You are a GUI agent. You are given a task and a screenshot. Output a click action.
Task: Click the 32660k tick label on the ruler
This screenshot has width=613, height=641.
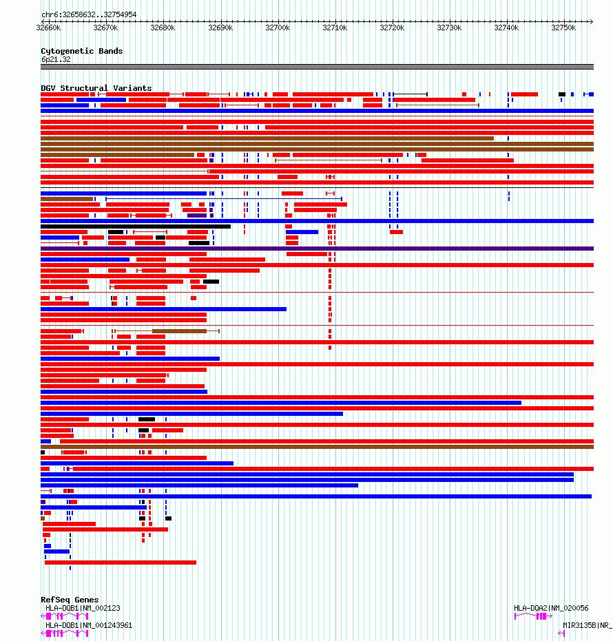click(x=48, y=28)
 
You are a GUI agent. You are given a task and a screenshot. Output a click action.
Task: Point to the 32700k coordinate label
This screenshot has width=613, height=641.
click(x=278, y=28)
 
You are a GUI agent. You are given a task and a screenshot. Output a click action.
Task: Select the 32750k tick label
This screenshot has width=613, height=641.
click(x=564, y=28)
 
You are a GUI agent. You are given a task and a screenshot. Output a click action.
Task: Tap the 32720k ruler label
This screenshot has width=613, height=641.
click(x=392, y=28)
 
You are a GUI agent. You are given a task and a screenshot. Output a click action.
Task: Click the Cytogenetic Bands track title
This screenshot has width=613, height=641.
click(x=81, y=51)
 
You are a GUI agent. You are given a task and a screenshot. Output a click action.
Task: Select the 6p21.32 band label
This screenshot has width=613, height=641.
click(x=55, y=59)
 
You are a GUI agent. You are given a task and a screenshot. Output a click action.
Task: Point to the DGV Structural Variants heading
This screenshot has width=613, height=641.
click(x=96, y=88)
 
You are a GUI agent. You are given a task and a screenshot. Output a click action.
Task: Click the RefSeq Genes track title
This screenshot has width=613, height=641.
click(x=70, y=600)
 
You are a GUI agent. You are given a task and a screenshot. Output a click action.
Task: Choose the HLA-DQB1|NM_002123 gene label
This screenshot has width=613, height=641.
click(x=83, y=608)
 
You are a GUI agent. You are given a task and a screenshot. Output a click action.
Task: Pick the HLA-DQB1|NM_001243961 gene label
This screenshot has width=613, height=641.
click(x=89, y=625)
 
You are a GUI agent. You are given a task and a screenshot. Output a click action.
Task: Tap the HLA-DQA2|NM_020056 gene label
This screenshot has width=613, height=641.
click(x=551, y=608)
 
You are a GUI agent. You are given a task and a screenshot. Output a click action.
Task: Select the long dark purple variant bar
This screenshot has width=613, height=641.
click(x=317, y=249)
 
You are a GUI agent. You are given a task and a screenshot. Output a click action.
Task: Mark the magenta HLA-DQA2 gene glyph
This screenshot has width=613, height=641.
click(x=533, y=616)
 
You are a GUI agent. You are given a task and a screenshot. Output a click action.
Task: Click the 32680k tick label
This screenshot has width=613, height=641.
click(x=163, y=28)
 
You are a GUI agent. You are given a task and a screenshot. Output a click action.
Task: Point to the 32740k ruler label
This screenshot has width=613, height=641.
click(x=506, y=28)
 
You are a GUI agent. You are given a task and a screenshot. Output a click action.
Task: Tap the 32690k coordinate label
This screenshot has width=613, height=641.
click(x=220, y=28)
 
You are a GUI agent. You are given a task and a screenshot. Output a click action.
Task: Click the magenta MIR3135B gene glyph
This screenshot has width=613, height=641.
click(x=561, y=633)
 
